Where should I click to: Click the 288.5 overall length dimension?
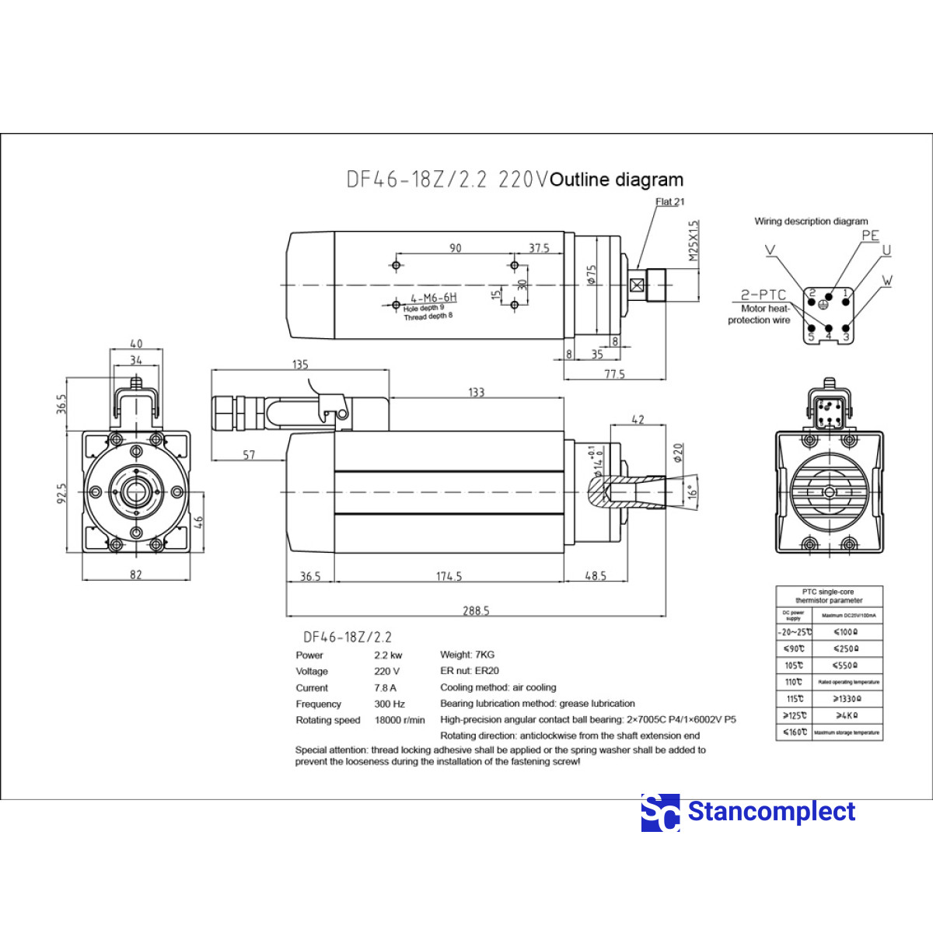[476, 610]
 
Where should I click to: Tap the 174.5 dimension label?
[449, 576]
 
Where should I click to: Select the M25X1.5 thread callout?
[694, 240]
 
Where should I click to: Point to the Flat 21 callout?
[669, 202]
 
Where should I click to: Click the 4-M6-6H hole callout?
[434, 298]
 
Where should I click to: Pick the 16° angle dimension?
[692, 491]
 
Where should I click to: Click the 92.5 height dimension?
[62, 493]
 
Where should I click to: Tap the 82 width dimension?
[136, 575]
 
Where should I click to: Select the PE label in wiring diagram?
[870, 236]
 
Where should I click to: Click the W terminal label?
[887, 281]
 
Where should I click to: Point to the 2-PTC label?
[763, 295]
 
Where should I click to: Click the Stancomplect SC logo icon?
[660, 812]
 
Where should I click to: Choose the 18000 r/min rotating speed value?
[400, 720]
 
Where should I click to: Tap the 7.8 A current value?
[385, 688]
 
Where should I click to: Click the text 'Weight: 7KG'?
[467, 655]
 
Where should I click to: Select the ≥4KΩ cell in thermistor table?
[847, 715]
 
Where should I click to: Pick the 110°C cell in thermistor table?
[794, 682]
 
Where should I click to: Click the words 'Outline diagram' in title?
[617, 180]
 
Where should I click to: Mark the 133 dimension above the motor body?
[477, 393]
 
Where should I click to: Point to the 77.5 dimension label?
[614, 374]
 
